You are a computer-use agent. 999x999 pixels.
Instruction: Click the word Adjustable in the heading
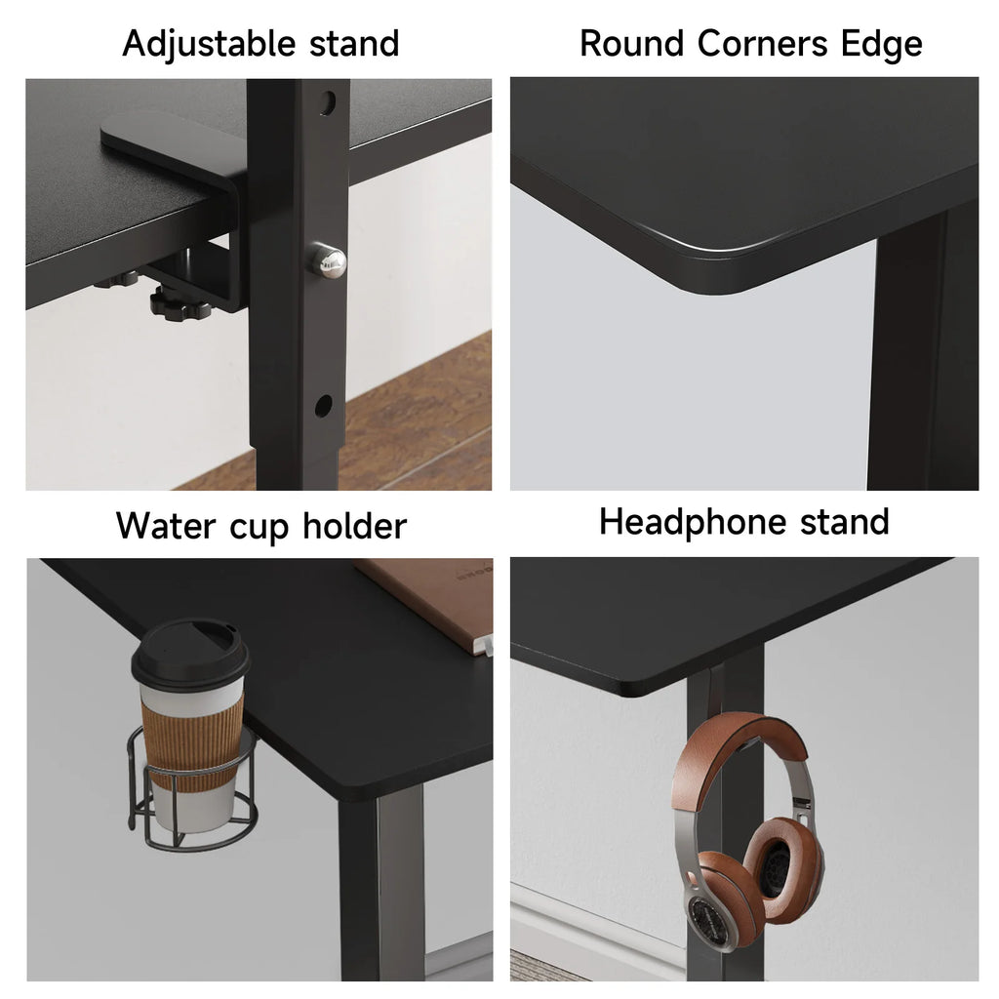[209, 45]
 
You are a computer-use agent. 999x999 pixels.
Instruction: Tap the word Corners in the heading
[763, 43]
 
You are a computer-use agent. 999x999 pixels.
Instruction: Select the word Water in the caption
[166, 526]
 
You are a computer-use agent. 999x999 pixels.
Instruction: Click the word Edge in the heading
[881, 45]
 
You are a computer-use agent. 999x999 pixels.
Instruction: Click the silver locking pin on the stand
[328, 260]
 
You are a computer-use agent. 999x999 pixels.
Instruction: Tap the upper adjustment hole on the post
[328, 101]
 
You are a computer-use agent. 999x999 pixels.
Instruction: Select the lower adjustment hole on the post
[324, 405]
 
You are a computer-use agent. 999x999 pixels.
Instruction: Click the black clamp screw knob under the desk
[180, 305]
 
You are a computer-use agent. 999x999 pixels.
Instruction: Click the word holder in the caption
[354, 526]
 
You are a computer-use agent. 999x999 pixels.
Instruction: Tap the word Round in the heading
[631, 43]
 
